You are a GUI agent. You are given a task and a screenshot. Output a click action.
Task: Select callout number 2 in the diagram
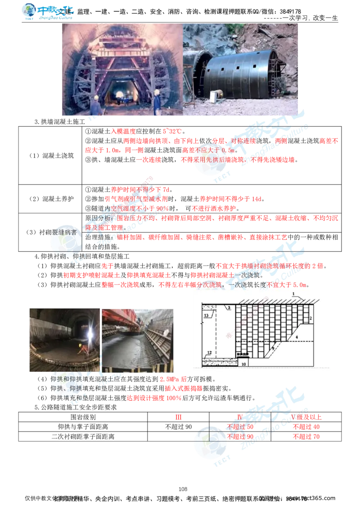[310, 318]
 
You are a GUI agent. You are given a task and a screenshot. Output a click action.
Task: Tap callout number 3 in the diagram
[229, 308]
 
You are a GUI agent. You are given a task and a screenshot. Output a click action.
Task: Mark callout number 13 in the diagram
[206, 316]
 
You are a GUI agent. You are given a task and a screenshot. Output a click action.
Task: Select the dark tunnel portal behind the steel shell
[201, 67]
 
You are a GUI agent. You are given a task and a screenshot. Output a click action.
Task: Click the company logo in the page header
[49, 12]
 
